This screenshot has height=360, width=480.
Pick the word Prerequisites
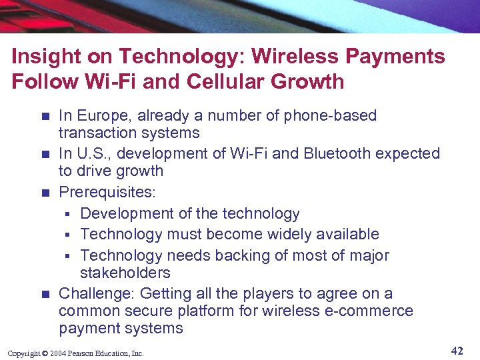pyautogui.click(x=107, y=193)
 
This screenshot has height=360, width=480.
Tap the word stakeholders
pyautogui.click(x=125, y=273)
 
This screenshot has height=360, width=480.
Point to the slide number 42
pyautogui.click(x=457, y=351)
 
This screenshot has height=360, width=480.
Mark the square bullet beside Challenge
pyautogui.click(x=45, y=294)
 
